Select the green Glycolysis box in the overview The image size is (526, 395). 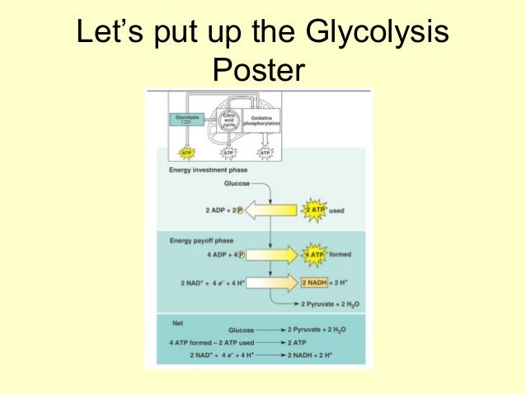coord(188,120)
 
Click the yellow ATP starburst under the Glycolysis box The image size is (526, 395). coord(187,153)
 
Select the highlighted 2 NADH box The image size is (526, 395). coord(313,283)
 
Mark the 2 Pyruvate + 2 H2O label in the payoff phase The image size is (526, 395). coord(330,304)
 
